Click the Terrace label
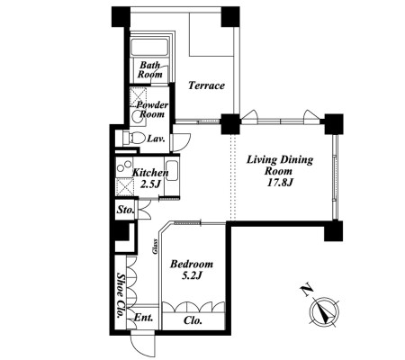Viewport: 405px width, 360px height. pos(206,85)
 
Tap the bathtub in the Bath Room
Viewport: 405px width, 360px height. pos(149,48)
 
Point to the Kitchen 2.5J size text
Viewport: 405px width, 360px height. pos(150,184)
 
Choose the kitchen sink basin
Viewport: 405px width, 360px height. pos(172,171)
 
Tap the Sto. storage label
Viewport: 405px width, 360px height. pos(125,210)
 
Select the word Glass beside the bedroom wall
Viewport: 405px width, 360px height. pos(155,247)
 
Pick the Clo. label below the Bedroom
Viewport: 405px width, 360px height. pos(193,320)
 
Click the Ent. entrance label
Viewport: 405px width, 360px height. pos(143,318)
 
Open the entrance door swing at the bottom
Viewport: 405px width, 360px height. pos(143,345)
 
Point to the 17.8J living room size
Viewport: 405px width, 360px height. pos(280,183)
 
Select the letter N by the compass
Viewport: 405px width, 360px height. pos(307,290)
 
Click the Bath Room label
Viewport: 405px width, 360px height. pos(150,69)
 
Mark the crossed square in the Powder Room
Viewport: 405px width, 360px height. pos(138,96)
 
